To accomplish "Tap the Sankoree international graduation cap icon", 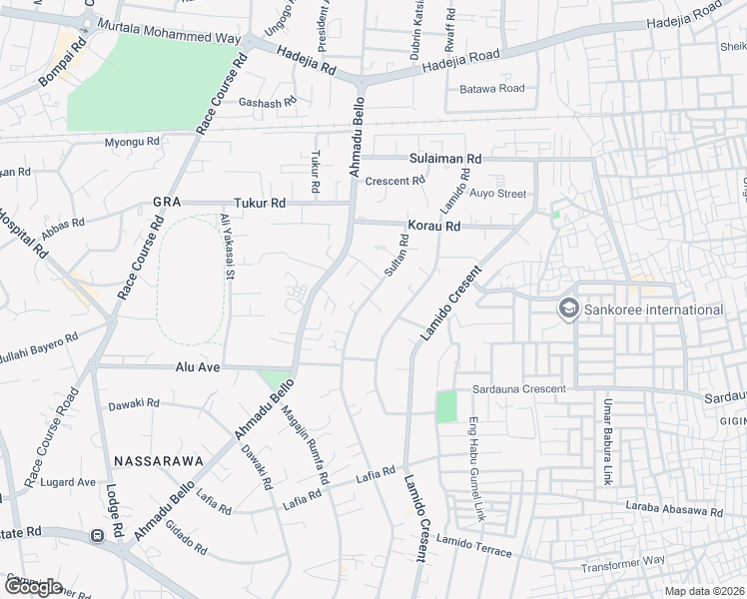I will pyautogui.click(x=569, y=309).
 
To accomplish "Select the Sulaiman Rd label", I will pyautogui.click(x=445, y=159).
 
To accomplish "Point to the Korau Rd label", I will pyautogui.click(x=433, y=227).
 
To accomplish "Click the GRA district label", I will pyautogui.click(x=165, y=202).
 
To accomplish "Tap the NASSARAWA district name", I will pyautogui.click(x=159, y=461).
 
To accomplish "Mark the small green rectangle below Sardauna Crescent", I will pyautogui.click(x=446, y=406).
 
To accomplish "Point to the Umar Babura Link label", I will pyautogui.click(x=606, y=440).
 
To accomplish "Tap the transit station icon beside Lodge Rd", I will pyautogui.click(x=98, y=535).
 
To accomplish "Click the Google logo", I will pyautogui.click(x=33, y=587).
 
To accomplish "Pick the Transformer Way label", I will pyautogui.click(x=625, y=561).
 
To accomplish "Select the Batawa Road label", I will pyautogui.click(x=492, y=89).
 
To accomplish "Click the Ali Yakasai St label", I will pyautogui.click(x=227, y=246).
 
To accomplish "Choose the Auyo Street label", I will pyautogui.click(x=497, y=193).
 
